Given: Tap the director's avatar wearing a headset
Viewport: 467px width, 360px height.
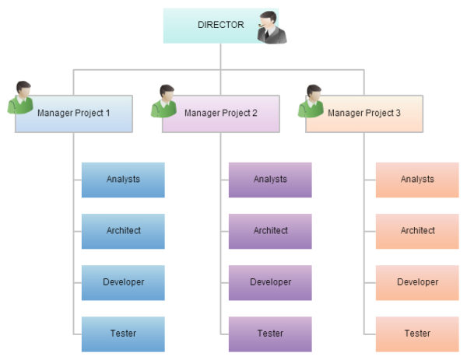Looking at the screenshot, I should tap(272, 27).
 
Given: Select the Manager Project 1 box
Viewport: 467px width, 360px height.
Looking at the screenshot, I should tap(74, 114).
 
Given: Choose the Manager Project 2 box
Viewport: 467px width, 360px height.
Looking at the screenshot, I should tap(221, 114).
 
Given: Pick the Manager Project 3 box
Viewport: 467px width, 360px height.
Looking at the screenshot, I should tap(364, 114).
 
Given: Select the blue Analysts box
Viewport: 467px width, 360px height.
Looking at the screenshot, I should tap(123, 180).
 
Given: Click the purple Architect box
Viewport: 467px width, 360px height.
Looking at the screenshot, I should tap(270, 231).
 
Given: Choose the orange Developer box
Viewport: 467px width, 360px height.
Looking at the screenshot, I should tap(417, 282).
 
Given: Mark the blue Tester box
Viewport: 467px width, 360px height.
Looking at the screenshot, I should tap(123, 334).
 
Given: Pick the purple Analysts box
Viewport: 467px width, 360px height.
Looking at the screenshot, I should tap(270, 180).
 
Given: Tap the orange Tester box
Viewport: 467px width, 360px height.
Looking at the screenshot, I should tap(417, 334).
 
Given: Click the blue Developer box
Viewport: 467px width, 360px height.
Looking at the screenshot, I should tap(123, 282).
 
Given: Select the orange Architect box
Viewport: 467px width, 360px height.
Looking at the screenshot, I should tap(417, 231).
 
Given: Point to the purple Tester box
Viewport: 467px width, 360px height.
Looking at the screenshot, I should tap(270, 334).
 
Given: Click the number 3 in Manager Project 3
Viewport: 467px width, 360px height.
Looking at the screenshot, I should tap(398, 114).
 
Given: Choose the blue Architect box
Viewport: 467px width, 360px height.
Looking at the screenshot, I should tap(123, 231).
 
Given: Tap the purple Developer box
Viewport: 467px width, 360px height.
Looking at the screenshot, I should tap(270, 282).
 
